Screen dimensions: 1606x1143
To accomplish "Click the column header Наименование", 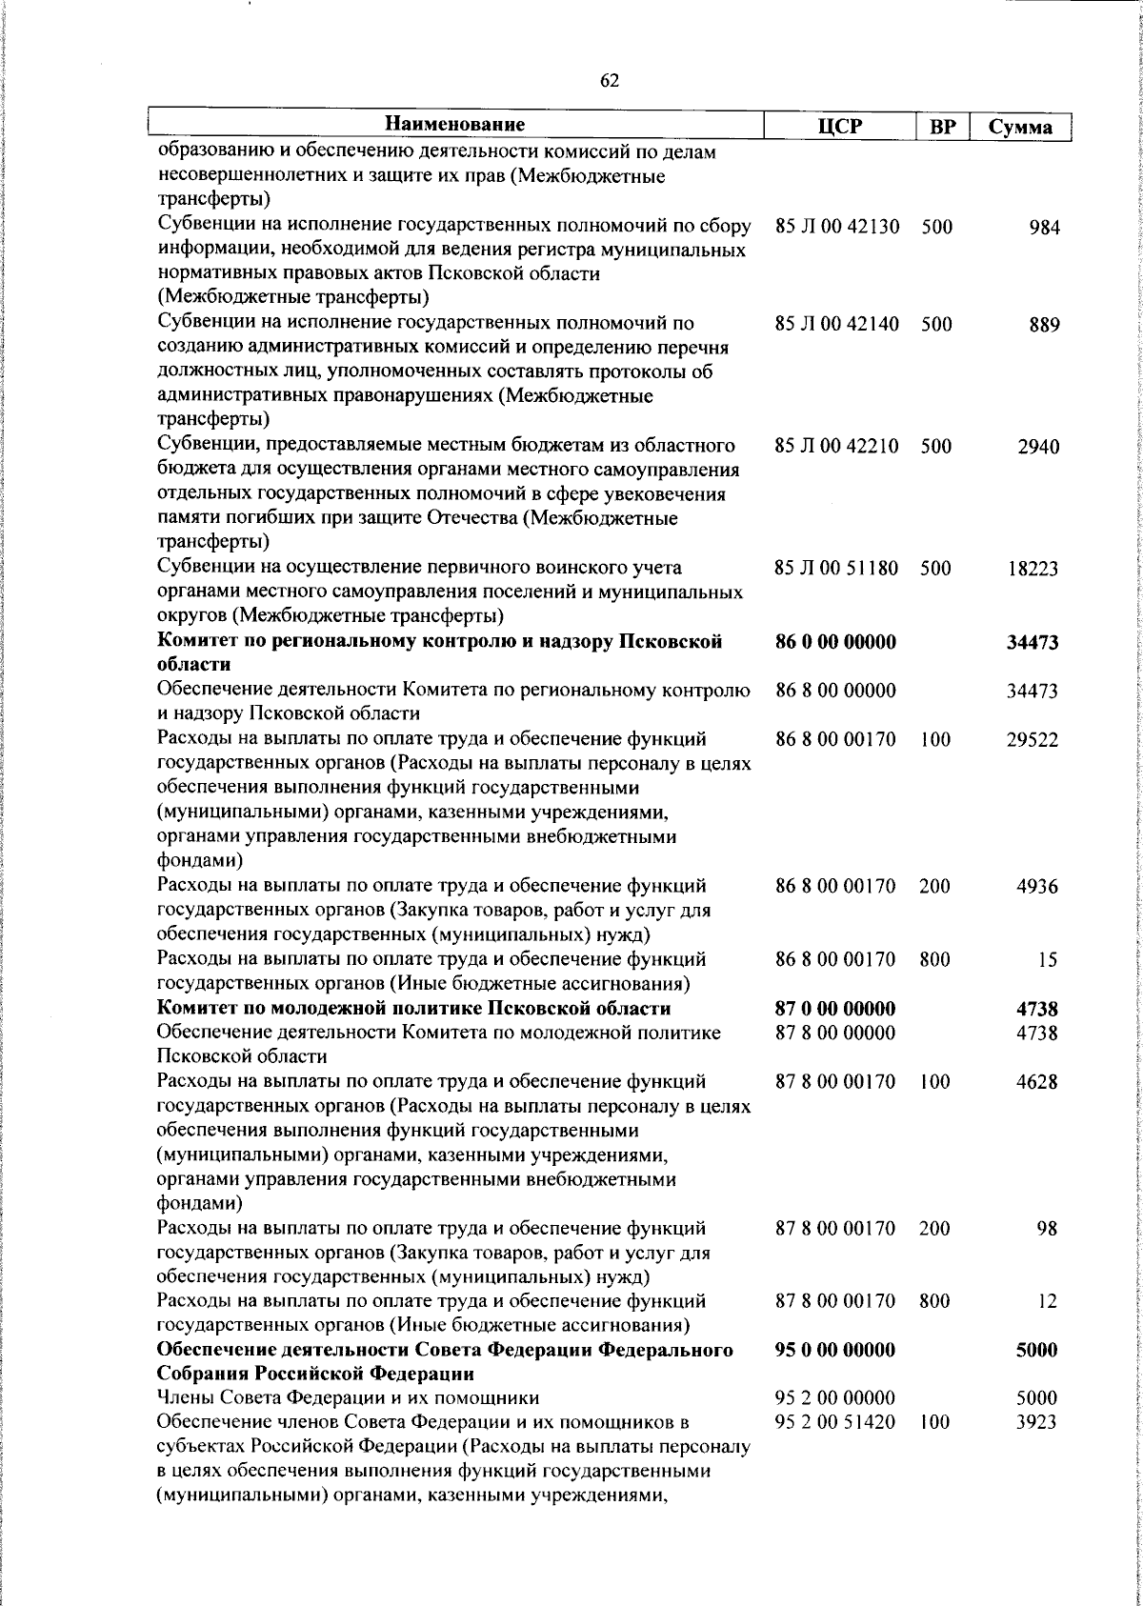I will tap(455, 125).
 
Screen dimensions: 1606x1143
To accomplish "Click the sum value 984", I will tap(1044, 228).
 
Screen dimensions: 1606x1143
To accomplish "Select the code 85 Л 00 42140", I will tap(836, 325).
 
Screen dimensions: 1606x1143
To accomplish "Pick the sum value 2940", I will tap(1037, 447).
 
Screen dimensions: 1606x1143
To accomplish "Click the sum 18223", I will tap(1033, 570).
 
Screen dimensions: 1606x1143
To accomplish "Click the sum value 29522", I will tap(1033, 740).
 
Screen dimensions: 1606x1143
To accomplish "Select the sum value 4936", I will tap(1037, 887).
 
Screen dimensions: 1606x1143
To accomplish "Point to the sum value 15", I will tap(1048, 960).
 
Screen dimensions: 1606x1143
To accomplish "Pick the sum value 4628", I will tap(1037, 1082).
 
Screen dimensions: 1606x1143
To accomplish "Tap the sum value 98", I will tap(1048, 1229).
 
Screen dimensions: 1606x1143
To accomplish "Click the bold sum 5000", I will tap(1037, 1351).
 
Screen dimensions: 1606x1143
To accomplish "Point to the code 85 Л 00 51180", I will tap(836, 569).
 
